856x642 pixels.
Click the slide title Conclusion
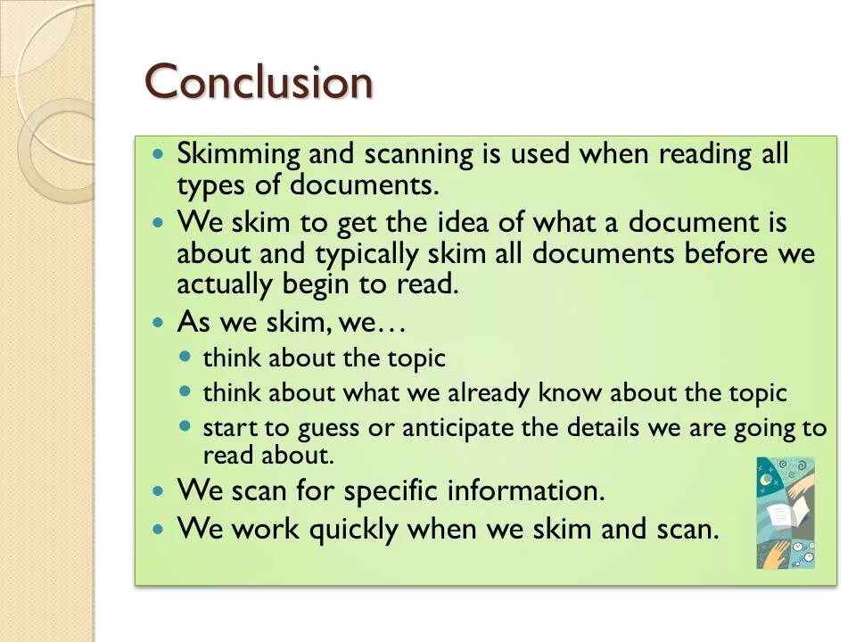259,82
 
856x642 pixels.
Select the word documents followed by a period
383,185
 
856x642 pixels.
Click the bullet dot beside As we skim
159,322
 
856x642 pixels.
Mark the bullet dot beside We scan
159,491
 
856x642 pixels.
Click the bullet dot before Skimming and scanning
159,154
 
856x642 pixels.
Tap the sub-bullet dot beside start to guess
185,426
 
